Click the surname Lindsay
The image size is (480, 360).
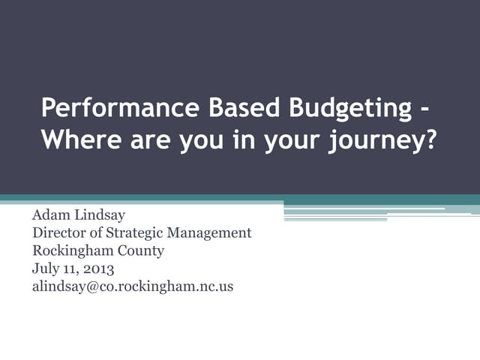(100, 216)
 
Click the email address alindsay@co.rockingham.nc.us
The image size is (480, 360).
(133, 286)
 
